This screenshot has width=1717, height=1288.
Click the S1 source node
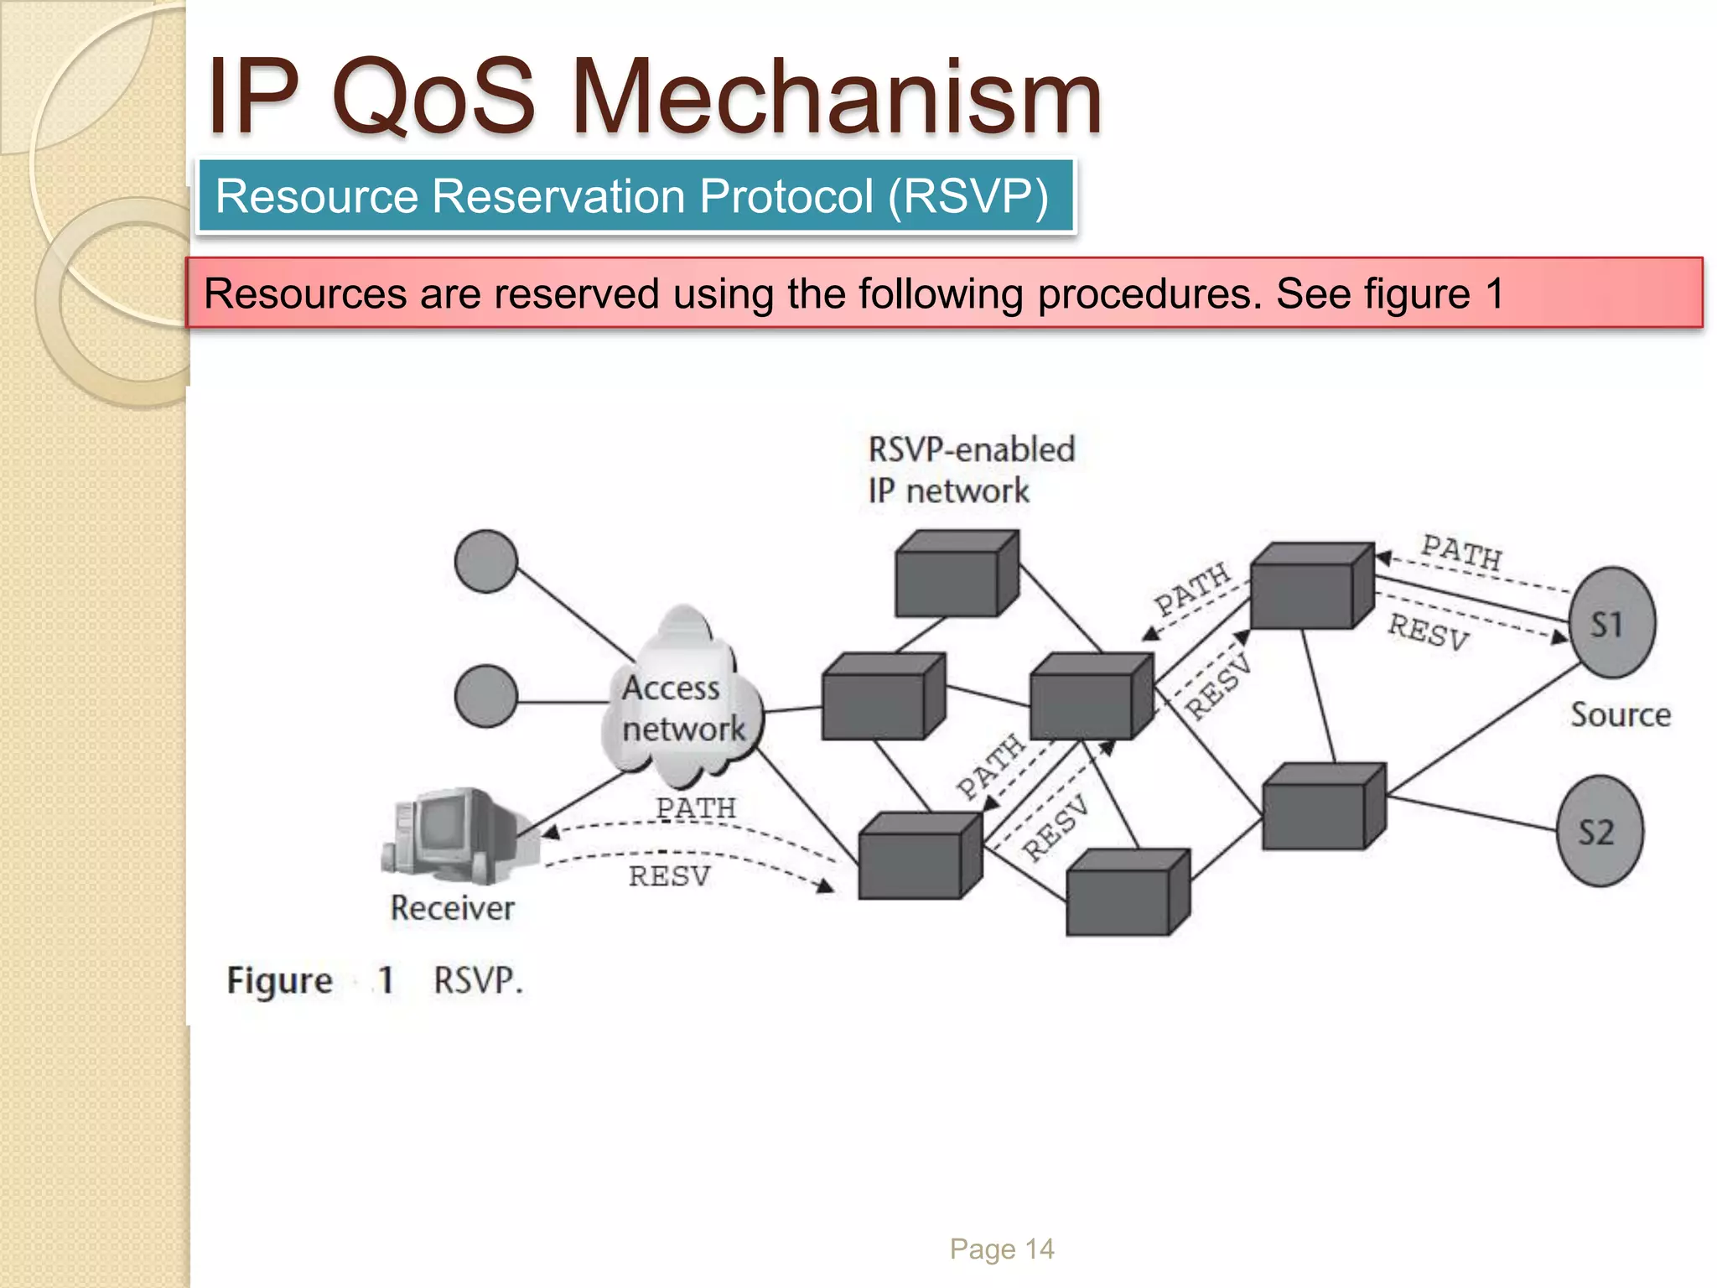click(1611, 623)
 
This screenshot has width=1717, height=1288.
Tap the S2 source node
click(1599, 831)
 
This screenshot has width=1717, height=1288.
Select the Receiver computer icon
click(457, 835)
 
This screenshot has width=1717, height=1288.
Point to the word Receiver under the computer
click(452, 908)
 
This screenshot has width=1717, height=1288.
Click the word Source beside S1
click(1620, 715)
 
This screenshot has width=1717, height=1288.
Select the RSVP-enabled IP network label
click(970, 470)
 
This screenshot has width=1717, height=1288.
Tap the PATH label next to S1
click(1461, 552)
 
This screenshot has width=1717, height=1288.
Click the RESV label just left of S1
click(1428, 631)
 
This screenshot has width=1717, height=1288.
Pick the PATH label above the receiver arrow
click(695, 808)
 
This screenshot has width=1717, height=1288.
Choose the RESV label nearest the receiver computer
click(669, 876)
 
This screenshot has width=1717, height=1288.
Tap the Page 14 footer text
click(1001, 1249)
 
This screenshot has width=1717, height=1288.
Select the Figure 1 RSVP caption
click(374, 980)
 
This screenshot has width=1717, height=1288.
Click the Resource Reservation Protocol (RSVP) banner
click(635, 197)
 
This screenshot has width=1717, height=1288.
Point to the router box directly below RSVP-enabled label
click(957, 574)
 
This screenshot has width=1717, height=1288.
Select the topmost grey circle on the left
click(486, 561)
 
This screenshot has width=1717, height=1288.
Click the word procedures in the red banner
click(1149, 294)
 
